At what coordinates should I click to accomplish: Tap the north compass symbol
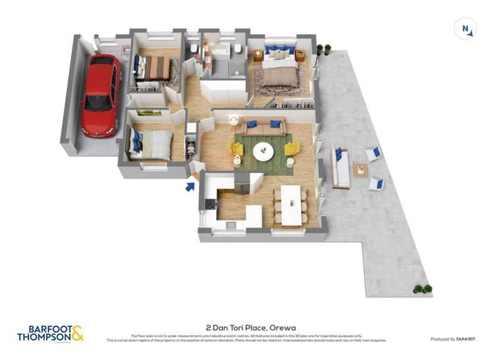pyautogui.click(x=465, y=29)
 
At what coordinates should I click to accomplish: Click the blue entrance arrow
pyautogui.click(x=190, y=186)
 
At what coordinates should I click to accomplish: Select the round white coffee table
pyautogui.click(x=263, y=151)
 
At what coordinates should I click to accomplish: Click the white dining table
pyautogui.click(x=290, y=204)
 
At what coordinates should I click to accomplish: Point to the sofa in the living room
pyautogui.click(x=264, y=126)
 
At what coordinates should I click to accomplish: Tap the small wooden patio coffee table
pyautogui.click(x=360, y=170)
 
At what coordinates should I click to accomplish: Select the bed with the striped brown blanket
pyautogui.click(x=155, y=68)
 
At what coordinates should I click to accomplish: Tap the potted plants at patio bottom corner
pyautogui.click(x=422, y=289)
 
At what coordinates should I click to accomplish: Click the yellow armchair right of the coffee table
pyautogui.click(x=292, y=149)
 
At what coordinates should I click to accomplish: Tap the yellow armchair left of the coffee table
pyautogui.click(x=236, y=149)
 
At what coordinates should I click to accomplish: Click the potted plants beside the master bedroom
pyautogui.click(x=323, y=49)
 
